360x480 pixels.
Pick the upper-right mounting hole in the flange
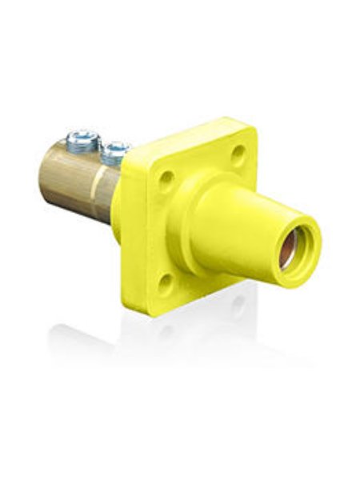(x=238, y=151)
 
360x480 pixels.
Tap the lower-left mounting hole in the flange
(x=166, y=282)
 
